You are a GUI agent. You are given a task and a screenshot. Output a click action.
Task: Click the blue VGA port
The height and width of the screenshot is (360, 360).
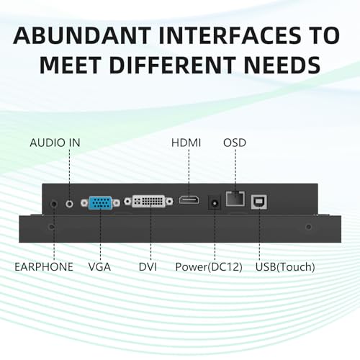click(100, 203)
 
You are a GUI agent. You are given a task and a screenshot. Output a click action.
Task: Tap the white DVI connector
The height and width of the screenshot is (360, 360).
click(148, 201)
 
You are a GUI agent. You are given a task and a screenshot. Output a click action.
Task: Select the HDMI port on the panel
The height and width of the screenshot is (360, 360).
click(189, 200)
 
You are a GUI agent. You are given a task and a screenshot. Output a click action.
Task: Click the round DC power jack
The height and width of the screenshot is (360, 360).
click(215, 203)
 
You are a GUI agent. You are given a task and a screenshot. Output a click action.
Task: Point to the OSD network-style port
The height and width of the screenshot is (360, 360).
click(235, 199)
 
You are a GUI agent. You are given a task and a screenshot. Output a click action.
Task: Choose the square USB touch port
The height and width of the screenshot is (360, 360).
click(259, 202)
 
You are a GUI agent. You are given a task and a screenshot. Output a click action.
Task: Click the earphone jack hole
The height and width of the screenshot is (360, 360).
click(54, 204)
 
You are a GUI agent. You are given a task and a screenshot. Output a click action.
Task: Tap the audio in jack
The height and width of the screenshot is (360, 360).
click(69, 204)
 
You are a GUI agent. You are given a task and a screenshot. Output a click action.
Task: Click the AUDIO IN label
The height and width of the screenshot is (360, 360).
click(55, 143)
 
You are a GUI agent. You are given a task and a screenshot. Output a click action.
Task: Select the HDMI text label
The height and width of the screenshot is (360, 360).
click(186, 143)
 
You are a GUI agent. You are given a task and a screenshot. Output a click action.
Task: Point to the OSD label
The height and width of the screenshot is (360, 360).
click(235, 143)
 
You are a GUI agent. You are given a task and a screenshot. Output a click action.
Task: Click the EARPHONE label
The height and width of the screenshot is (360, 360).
click(44, 267)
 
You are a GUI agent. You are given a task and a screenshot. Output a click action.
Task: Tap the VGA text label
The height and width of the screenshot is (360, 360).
click(99, 267)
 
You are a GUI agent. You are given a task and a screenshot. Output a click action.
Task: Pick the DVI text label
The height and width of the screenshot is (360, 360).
click(148, 267)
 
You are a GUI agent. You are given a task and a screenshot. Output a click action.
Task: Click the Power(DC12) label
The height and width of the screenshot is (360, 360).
click(209, 267)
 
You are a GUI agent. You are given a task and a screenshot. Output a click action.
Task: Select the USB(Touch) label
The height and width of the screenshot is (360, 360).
click(285, 267)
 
